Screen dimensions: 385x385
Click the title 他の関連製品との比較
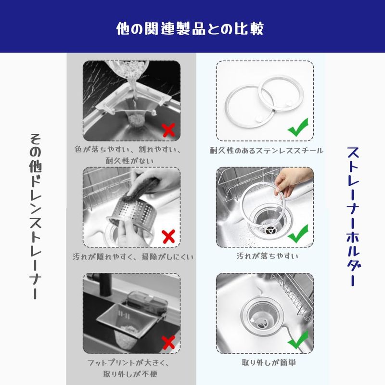(x=190, y=29)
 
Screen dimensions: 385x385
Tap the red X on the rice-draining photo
(x=168, y=130)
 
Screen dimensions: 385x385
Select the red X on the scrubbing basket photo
(x=168, y=236)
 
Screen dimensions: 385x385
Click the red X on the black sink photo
(x=168, y=343)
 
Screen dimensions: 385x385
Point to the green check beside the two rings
(x=298, y=127)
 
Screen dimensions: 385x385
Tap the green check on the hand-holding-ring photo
(x=298, y=233)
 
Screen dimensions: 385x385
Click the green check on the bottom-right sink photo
(x=298, y=340)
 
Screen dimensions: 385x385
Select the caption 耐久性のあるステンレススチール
(x=267, y=151)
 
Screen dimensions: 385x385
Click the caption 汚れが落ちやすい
(x=267, y=256)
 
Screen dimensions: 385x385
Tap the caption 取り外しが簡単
(x=269, y=362)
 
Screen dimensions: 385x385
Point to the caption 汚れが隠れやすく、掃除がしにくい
(x=133, y=257)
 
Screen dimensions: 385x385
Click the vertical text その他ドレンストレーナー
(x=36, y=216)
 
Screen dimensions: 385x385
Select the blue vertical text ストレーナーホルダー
(x=353, y=216)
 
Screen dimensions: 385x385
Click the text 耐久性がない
(x=129, y=161)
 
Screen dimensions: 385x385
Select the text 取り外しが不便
(x=130, y=374)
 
